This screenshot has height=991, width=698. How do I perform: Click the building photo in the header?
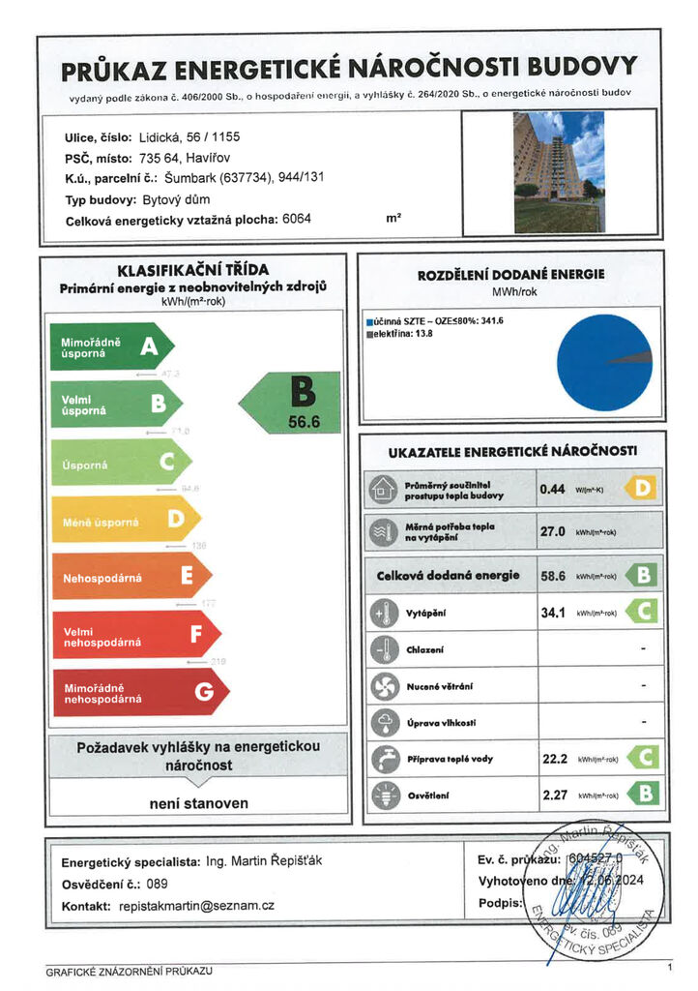click(x=560, y=171)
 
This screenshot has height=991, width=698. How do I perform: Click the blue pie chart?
click(x=604, y=361)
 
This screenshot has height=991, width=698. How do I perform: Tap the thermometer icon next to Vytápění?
click(x=384, y=614)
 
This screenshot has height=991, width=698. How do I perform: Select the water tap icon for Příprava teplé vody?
click(x=384, y=759)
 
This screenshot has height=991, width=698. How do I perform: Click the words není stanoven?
click(x=198, y=803)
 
